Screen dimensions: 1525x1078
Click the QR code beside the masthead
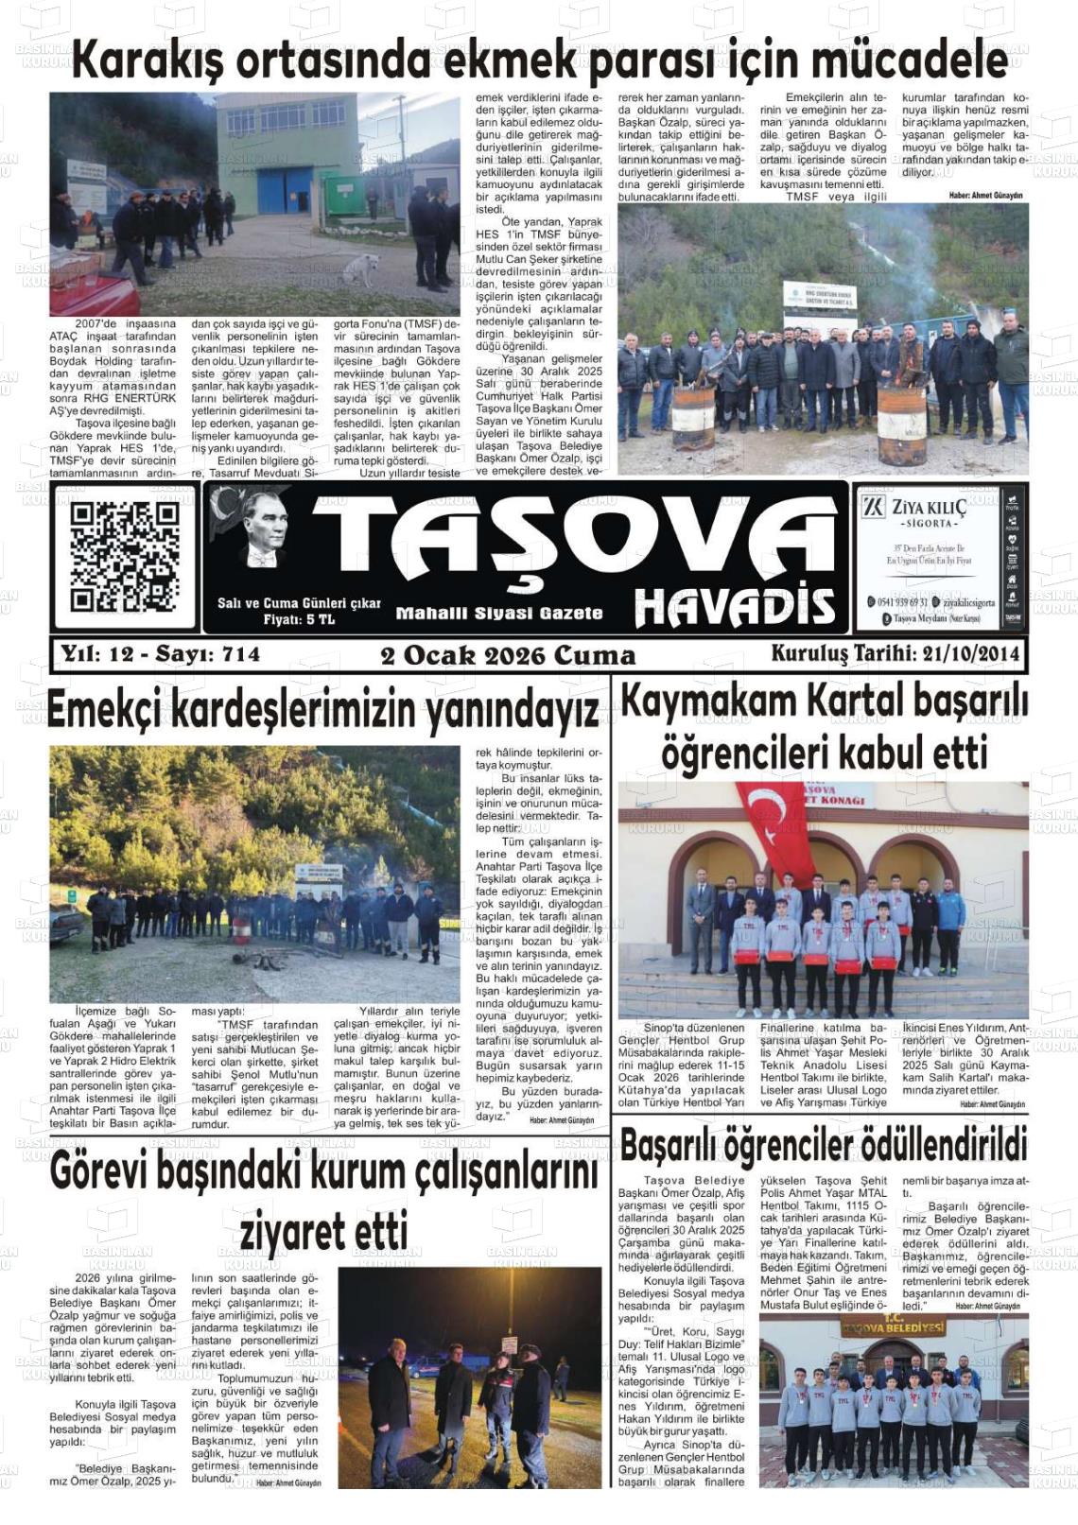click(125, 557)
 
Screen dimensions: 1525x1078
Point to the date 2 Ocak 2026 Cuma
click(508, 656)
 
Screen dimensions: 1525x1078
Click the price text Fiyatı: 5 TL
click(299, 619)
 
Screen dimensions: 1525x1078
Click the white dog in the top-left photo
click(359, 269)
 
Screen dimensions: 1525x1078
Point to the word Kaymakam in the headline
click(707, 702)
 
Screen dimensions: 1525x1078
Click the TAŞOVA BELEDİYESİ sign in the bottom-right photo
click(893, 1327)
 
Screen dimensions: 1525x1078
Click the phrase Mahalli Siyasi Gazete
click(498, 614)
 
